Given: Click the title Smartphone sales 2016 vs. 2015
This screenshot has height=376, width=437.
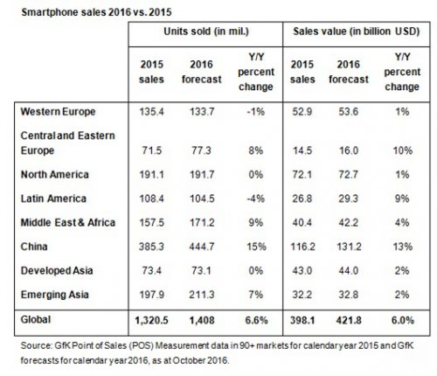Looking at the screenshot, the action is point(96,12).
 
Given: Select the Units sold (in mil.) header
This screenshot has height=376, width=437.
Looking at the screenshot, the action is point(206,31).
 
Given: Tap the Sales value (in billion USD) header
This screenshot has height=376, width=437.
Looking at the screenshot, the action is point(356,31).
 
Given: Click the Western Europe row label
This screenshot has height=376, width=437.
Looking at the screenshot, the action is point(58,112).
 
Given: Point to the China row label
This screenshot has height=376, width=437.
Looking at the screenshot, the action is point(34,247).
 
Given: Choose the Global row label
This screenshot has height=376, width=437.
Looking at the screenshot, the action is point(36,319).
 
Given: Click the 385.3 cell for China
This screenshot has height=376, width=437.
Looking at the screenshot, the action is point(151,247).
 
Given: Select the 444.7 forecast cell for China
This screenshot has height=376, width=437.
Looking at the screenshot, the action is point(202,247).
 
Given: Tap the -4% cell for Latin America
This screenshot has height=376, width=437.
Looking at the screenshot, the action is point(256,198).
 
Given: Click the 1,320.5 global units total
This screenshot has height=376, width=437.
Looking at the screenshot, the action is point(151,320).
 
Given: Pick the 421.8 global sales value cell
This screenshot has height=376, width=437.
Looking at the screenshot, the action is point(349,320).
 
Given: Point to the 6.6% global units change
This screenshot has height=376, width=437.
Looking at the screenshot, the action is point(256,320).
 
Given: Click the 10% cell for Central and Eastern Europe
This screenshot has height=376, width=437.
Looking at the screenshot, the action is point(403,150).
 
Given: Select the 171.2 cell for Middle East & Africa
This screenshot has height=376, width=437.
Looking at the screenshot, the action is point(202,223).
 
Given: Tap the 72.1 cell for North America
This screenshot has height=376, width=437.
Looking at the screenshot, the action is point(302,175).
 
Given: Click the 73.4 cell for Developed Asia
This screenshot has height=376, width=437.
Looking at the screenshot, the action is point(151,270).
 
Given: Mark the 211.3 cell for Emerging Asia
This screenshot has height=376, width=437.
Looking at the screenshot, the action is point(202,295).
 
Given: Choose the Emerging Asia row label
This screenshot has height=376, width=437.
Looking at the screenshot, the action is point(55,295).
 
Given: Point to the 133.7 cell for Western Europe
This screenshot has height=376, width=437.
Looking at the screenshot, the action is point(202,112).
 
